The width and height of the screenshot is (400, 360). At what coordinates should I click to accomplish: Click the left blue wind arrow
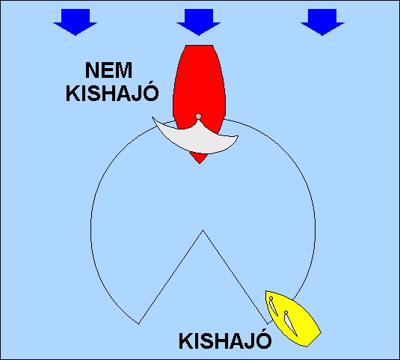[x=76, y=22]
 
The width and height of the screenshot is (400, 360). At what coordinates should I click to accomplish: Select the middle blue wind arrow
[x=199, y=22]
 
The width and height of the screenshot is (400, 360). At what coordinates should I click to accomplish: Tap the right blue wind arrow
[x=322, y=22]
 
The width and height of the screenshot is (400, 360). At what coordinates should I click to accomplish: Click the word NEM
[x=108, y=70]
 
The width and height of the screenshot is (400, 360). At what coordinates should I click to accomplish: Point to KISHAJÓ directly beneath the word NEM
[x=112, y=92]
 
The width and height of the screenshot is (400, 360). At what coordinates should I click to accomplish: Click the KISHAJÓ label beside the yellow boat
[x=225, y=340]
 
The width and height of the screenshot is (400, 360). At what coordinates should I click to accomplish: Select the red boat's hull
[x=199, y=85]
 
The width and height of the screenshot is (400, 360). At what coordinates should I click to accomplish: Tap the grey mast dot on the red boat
[x=198, y=117]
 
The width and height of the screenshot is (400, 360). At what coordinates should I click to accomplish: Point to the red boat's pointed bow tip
[x=200, y=163]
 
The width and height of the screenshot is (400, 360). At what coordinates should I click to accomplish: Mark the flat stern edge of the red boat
[x=199, y=46]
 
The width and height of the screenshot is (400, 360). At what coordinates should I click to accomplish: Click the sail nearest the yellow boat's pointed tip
[x=273, y=306]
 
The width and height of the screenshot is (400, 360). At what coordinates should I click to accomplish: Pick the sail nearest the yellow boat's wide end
[x=290, y=323]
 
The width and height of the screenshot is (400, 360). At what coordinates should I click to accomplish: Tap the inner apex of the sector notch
[x=203, y=231]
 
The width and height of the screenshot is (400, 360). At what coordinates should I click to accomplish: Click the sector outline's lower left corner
[x=138, y=324]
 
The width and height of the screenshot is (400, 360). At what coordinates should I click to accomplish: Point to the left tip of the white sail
[x=153, y=118]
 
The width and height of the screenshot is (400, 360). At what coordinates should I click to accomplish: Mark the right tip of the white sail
[x=238, y=136]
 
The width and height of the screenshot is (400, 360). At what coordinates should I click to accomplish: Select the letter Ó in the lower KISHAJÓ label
[x=264, y=340]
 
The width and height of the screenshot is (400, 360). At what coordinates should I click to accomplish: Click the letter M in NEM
[x=123, y=70]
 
